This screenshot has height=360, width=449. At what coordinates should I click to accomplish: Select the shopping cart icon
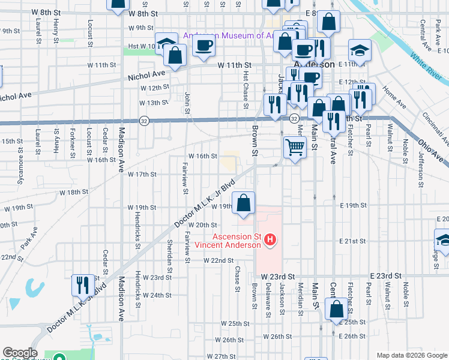click(295, 146)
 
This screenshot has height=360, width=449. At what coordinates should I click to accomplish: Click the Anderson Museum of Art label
click(228, 35)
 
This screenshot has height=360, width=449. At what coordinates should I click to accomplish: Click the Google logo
click(20, 353)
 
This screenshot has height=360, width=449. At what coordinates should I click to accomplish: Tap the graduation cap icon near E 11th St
click(360, 50)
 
